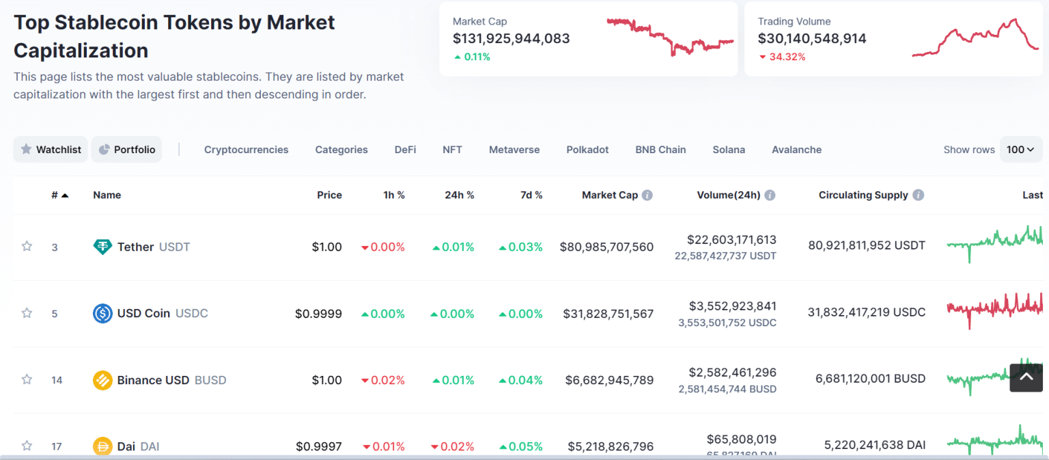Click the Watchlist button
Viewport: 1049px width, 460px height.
pyautogui.click(x=51, y=150)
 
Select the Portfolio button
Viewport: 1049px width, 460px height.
pyautogui.click(x=126, y=150)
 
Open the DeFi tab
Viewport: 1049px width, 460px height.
pyautogui.click(x=405, y=150)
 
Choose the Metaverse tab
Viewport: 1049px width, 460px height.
pyautogui.click(x=514, y=150)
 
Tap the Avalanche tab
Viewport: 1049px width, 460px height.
pyautogui.click(x=796, y=150)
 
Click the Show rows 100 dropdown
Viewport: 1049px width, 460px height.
pyautogui.click(x=1020, y=150)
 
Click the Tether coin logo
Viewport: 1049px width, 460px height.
pyautogui.click(x=102, y=247)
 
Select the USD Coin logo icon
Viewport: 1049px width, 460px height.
pyautogui.click(x=102, y=314)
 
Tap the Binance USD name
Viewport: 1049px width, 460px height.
pyautogui.click(x=153, y=380)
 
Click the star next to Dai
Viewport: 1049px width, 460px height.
pyautogui.click(x=27, y=446)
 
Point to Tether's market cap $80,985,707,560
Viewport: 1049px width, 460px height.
pyautogui.click(x=606, y=247)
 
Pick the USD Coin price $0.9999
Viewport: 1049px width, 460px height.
pyautogui.click(x=318, y=314)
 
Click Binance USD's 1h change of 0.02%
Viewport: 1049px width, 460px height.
pyautogui.click(x=383, y=380)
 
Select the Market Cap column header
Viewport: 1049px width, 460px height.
pyautogui.click(x=609, y=195)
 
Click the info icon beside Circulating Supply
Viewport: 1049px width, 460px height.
pyautogui.click(x=919, y=195)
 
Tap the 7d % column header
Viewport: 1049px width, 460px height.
pyautogui.click(x=531, y=195)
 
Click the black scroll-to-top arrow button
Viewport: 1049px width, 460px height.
pyautogui.click(x=1026, y=377)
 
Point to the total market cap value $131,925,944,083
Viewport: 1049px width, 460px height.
pyautogui.click(x=511, y=39)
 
